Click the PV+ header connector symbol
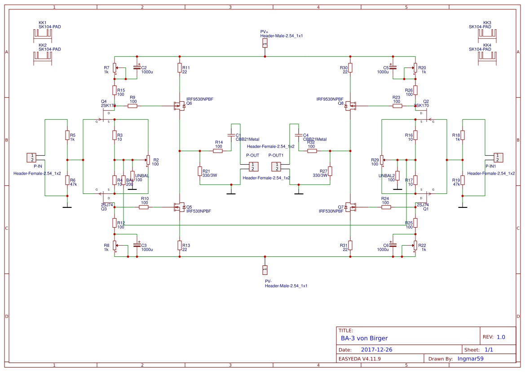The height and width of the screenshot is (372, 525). click(265, 43)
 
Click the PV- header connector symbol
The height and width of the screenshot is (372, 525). click(265, 270)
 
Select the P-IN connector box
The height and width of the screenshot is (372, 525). click(32, 157)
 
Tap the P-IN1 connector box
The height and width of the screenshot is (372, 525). click(498, 157)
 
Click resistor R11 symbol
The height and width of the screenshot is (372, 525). click(180, 68)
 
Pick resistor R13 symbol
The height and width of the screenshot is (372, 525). click(180, 245)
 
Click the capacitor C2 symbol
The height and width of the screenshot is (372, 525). click(137, 68)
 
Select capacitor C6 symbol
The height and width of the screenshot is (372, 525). click(393, 245)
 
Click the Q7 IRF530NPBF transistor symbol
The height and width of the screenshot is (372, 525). click(350, 207)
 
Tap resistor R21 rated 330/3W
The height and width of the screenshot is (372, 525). click(199, 171)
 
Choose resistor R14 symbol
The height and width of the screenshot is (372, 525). click(218, 151)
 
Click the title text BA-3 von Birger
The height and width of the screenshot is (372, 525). click(364, 338)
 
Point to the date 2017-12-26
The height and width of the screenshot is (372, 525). click(376, 350)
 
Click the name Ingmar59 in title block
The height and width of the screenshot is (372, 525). click(470, 359)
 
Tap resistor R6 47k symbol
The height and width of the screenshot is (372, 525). click(67, 180)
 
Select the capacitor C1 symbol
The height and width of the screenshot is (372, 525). click(231, 135)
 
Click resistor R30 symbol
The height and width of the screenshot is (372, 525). click(350, 68)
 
